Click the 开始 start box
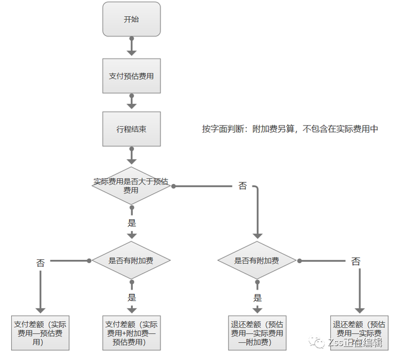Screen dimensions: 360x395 131,19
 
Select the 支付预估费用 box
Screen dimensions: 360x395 131,76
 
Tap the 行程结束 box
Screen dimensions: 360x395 131,130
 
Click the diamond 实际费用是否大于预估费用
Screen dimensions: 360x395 131,186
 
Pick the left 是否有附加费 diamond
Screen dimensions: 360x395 131,261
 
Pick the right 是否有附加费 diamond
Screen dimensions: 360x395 257,261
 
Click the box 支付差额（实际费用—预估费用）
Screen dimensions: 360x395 41,332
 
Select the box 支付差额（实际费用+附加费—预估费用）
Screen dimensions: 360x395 131,332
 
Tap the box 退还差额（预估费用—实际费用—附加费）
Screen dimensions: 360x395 257,332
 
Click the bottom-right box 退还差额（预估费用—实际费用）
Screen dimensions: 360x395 360,332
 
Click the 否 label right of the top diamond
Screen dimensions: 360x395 242,186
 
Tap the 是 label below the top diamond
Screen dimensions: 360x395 131,223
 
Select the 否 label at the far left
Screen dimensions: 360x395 41,262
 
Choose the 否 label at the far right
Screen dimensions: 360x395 355,261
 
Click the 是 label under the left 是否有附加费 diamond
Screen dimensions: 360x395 131,297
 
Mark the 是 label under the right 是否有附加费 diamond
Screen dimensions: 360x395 257,297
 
